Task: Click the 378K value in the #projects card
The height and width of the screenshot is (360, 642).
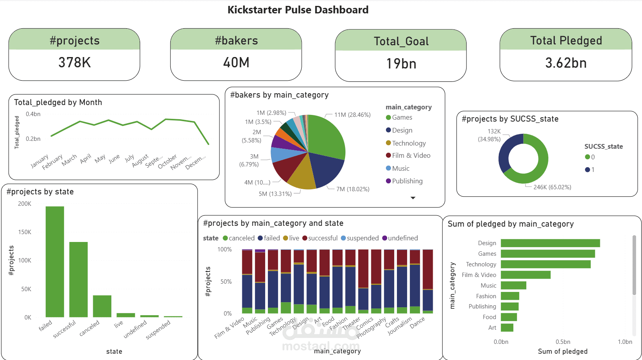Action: [74, 63]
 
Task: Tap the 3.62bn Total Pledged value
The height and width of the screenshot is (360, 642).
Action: [566, 63]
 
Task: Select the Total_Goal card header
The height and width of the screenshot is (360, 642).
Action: [401, 41]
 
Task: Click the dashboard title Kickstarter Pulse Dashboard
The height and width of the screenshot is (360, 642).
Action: [298, 10]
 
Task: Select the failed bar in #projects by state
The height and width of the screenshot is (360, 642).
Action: [55, 262]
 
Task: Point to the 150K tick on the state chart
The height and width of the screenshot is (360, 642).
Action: [24, 232]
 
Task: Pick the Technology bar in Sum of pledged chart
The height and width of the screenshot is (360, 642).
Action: [545, 264]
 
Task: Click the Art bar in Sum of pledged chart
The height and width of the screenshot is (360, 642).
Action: [507, 328]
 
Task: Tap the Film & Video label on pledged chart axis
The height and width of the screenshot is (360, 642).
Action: [479, 275]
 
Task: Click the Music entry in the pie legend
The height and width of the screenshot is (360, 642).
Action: [400, 168]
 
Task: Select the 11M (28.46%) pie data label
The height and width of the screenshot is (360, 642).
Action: [352, 115]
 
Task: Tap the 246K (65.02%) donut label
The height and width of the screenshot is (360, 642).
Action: [552, 187]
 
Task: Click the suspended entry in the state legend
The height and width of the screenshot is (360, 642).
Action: [362, 238]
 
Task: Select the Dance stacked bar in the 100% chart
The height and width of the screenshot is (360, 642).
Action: [428, 281]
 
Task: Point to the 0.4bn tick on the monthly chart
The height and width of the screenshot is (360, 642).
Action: [33, 114]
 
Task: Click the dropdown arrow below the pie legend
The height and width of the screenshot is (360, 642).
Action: [413, 198]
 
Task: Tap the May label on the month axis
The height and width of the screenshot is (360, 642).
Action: [100, 159]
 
